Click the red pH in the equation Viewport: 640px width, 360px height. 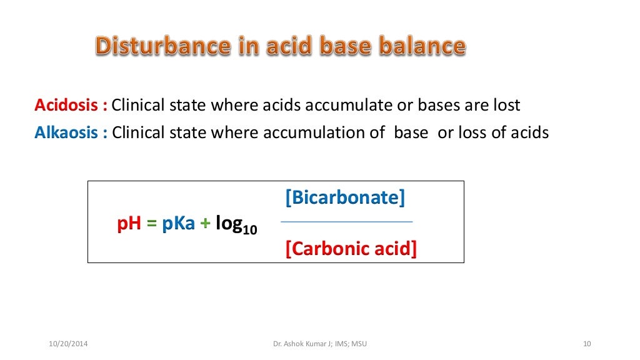(x=129, y=224)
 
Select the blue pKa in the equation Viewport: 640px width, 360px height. (x=179, y=224)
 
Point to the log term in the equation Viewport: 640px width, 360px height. (x=229, y=224)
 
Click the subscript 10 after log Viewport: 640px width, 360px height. (x=250, y=229)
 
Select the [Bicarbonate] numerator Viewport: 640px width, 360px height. (x=346, y=198)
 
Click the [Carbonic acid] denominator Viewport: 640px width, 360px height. (x=351, y=249)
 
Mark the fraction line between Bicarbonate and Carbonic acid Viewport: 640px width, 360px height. (x=346, y=222)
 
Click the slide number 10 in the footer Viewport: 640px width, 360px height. (x=586, y=344)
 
